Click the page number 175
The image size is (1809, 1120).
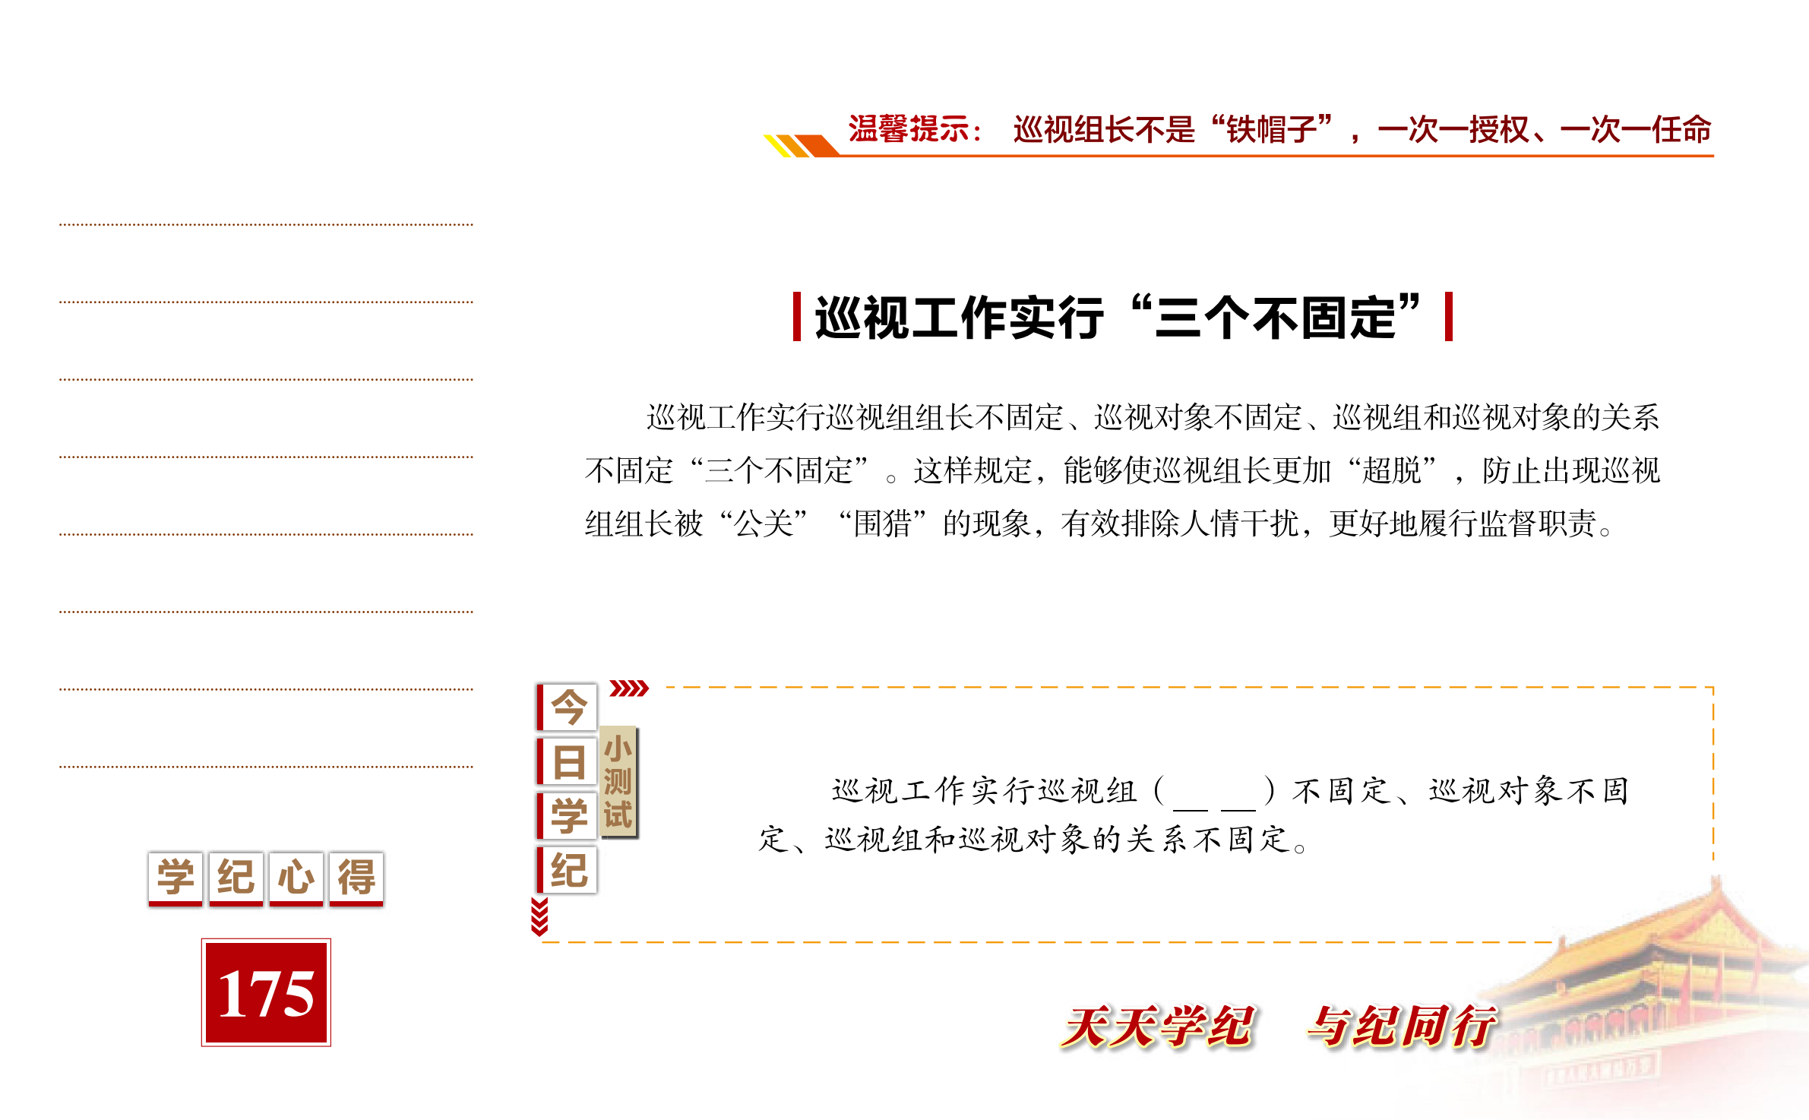tap(266, 992)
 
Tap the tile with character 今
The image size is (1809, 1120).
tap(568, 707)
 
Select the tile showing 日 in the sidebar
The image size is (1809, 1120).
tap(568, 761)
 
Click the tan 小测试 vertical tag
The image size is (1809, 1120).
tap(618, 782)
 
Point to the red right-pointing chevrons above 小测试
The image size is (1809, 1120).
tap(629, 688)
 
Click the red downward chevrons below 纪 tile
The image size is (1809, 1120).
tap(539, 916)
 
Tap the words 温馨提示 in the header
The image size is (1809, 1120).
tap(908, 129)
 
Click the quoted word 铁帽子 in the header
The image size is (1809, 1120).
tap(1271, 129)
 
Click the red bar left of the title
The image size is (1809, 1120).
tap(797, 316)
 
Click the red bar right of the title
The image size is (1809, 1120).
tap(1449, 316)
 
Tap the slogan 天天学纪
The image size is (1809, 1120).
tap(1158, 1026)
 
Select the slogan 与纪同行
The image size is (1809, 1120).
tap(1403, 1026)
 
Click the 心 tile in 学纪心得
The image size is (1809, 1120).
tap(296, 878)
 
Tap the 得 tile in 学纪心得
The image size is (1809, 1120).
tap(356, 878)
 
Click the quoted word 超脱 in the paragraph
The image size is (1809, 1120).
tap(1391, 470)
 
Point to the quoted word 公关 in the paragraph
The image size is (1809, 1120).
tap(764, 524)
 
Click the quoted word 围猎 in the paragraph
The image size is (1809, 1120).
tap(883, 524)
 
